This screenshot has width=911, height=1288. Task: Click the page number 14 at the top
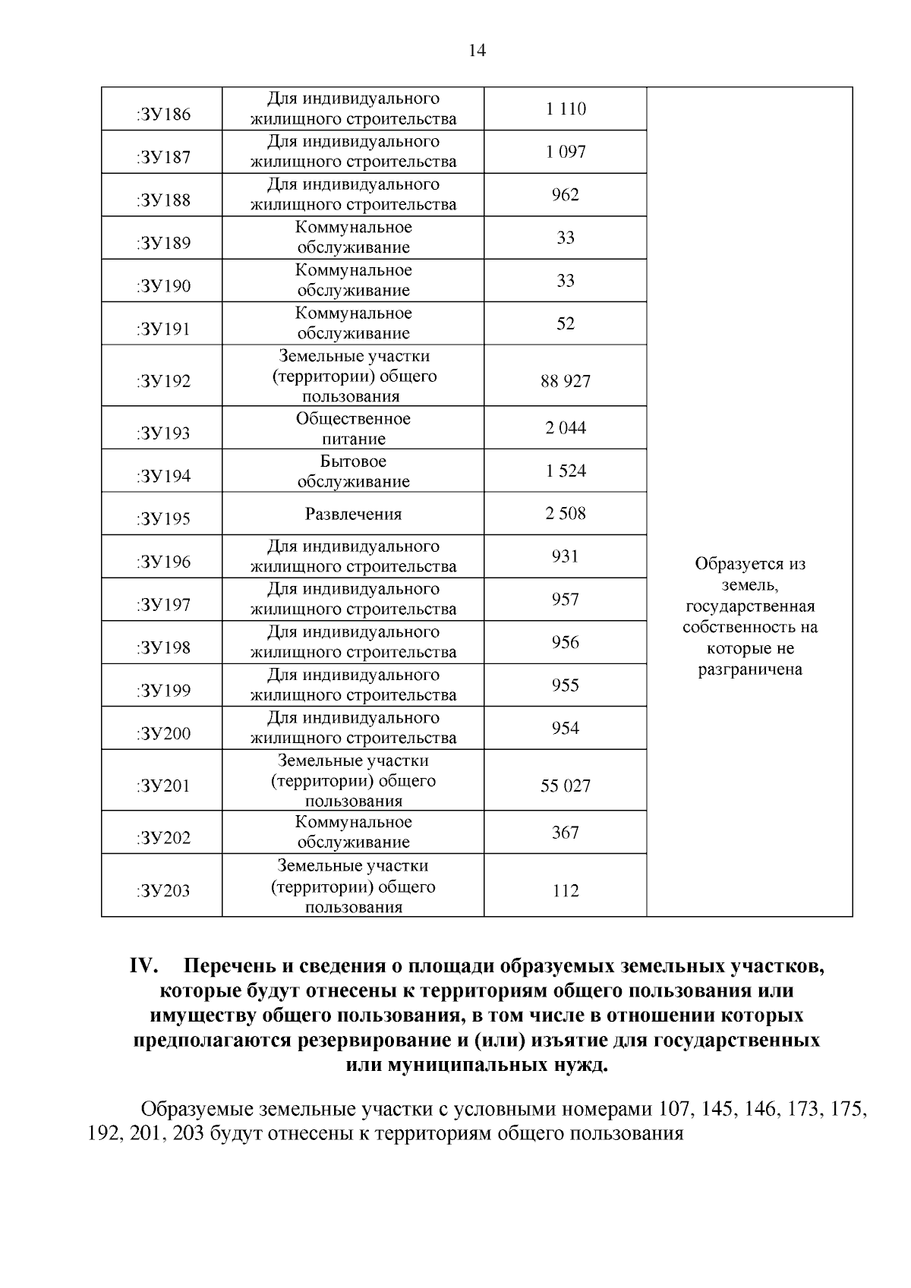(x=477, y=51)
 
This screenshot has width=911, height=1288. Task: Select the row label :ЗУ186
(x=163, y=115)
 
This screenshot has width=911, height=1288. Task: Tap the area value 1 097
(x=566, y=152)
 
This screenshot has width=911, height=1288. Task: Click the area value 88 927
(x=566, y=382)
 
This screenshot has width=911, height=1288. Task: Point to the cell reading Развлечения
(x=353, y=514)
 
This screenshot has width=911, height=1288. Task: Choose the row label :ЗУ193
(x=163, y=433)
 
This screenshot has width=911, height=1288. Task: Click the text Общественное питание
(x=353, y=429)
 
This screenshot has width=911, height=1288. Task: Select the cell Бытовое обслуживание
(x=353, y=471)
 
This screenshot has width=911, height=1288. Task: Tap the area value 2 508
(x=566, y=514)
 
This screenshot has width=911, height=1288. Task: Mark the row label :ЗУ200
(x=163, y=733)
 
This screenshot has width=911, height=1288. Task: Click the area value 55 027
(x=566, y=786)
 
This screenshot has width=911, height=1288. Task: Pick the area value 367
(x=566, y=833)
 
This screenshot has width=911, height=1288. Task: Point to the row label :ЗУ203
(x=163, y=890)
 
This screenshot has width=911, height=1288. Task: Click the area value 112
(x=566, y=890)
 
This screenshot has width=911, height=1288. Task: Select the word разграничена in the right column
(x=750, y=669)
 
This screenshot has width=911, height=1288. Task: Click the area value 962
(x=566, y=195)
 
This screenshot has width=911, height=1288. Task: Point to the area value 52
(x=566, y=324)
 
